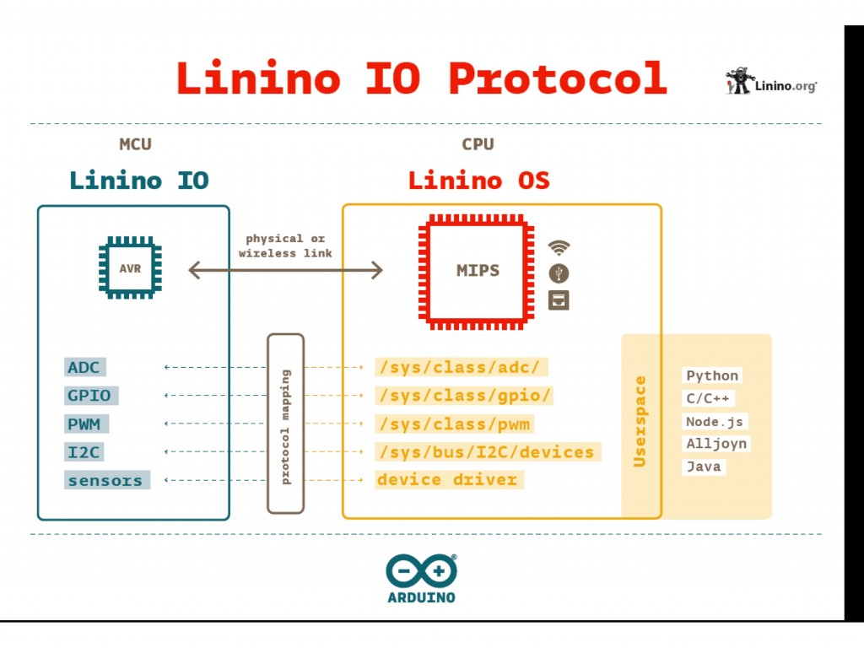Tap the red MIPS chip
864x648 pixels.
477,271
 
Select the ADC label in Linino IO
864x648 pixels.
84,367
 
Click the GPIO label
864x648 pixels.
90,396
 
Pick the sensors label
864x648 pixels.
106,481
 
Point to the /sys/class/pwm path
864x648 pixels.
455,424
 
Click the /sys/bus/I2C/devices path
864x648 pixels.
487,452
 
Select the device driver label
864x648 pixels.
448,480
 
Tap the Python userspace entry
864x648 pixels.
712,375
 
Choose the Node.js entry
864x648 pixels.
715,421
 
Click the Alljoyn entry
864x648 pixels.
715,444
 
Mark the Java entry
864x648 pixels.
703,466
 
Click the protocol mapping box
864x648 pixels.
285,424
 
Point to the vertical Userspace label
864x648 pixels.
640,421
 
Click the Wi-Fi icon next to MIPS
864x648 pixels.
559,247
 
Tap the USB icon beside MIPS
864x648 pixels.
559,273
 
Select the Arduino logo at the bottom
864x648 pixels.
422,579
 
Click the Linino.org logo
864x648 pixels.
771,83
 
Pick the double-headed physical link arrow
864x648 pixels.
285,270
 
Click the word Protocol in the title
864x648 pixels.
557,78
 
